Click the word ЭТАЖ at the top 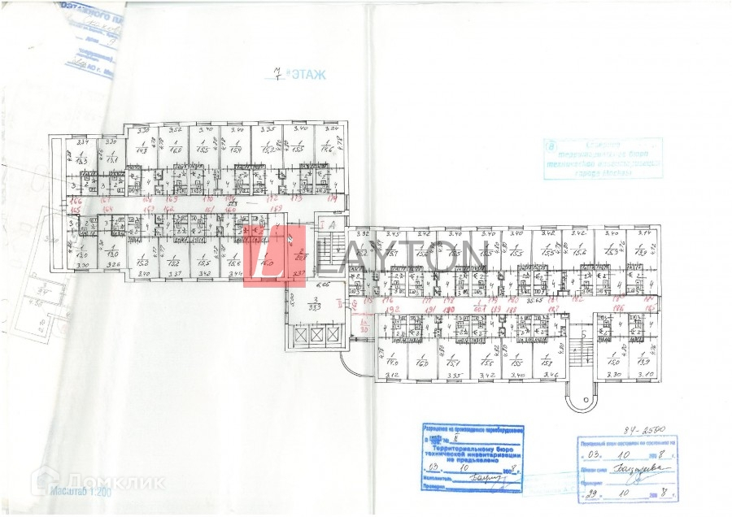307,76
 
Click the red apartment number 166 76,201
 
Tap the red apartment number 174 332,198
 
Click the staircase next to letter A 329,246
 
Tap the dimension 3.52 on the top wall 173,129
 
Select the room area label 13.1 112,158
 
